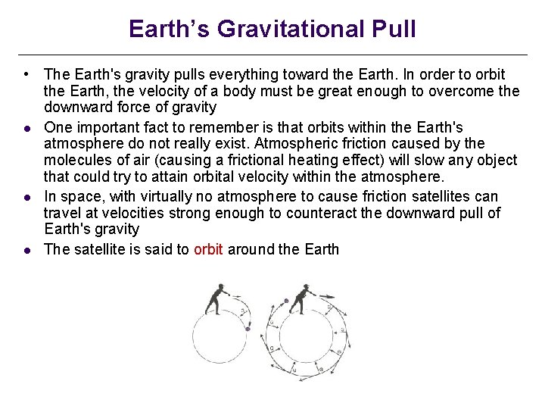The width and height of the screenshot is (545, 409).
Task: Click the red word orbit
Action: pos(208,249)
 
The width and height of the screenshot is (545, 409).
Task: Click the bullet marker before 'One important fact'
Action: pos(26,127)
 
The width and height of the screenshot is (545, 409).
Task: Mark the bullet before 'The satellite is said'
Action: pos(26,250)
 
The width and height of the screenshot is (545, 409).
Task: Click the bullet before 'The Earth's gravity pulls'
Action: pos(26,74)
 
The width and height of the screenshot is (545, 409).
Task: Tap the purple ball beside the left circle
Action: pos(248,329)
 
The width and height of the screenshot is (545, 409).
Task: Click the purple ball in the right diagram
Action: pos(287,300)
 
